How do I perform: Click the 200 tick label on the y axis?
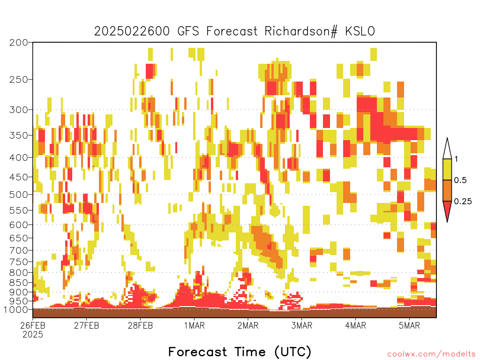19,43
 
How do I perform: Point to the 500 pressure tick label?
19,195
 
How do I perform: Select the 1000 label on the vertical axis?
16,309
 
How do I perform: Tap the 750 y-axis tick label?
19,262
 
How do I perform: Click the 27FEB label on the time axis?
87,325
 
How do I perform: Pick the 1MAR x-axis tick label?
195,325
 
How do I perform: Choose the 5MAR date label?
409,325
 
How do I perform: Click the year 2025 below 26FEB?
33,335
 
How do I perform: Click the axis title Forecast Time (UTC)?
240,352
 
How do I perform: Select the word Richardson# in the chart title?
301,31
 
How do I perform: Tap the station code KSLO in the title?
360,31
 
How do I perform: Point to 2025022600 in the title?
132,31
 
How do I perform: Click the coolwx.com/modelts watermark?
431,354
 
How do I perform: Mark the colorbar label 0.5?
460,180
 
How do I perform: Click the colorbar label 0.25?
463,202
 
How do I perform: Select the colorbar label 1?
456,159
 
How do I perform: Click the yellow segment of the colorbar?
447,169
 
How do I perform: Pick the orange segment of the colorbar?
447,190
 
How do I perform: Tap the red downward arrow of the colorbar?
447,209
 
